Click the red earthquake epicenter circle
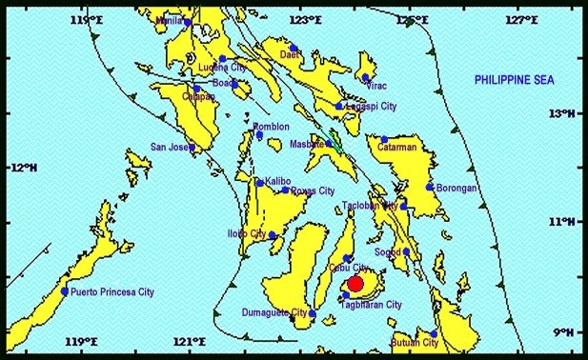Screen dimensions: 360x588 (x=355, y=283)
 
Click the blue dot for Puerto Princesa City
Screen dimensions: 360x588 (x=65, y=291)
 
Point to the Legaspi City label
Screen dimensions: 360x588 (x=373, y=107)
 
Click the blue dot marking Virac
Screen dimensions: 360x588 (x=365, y=78)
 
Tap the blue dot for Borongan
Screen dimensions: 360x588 (x=431, y=187)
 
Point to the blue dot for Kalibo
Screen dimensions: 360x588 (x=259, y=182)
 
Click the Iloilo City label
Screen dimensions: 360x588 (x=246, y=233)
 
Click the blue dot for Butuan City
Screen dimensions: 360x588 (x=434, y=334)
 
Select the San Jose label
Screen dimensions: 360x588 (x=170, y=147)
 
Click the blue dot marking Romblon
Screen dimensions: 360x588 (x=259, y=135)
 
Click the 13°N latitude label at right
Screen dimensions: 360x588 (x=565, y=113)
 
